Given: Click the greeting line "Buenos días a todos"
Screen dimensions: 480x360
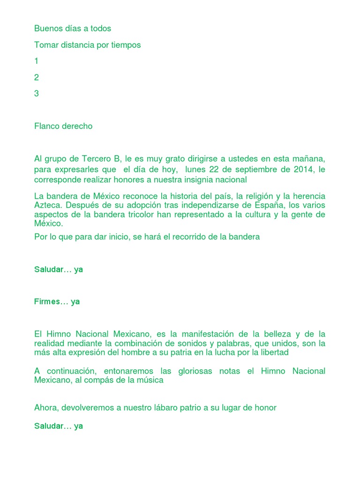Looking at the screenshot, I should (x=73, y=29).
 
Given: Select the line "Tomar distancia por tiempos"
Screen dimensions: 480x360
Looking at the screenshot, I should (x=87, y=45).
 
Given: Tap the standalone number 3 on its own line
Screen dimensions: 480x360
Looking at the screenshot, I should (x=37, y=94).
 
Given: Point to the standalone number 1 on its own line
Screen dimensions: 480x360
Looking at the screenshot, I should (x=37, y=61).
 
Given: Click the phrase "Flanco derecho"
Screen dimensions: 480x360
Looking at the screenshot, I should (x=63, y=127).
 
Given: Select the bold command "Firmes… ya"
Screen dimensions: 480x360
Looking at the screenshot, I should (x=57, y=302).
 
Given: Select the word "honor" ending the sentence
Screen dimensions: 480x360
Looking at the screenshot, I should (x=265, y=408).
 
